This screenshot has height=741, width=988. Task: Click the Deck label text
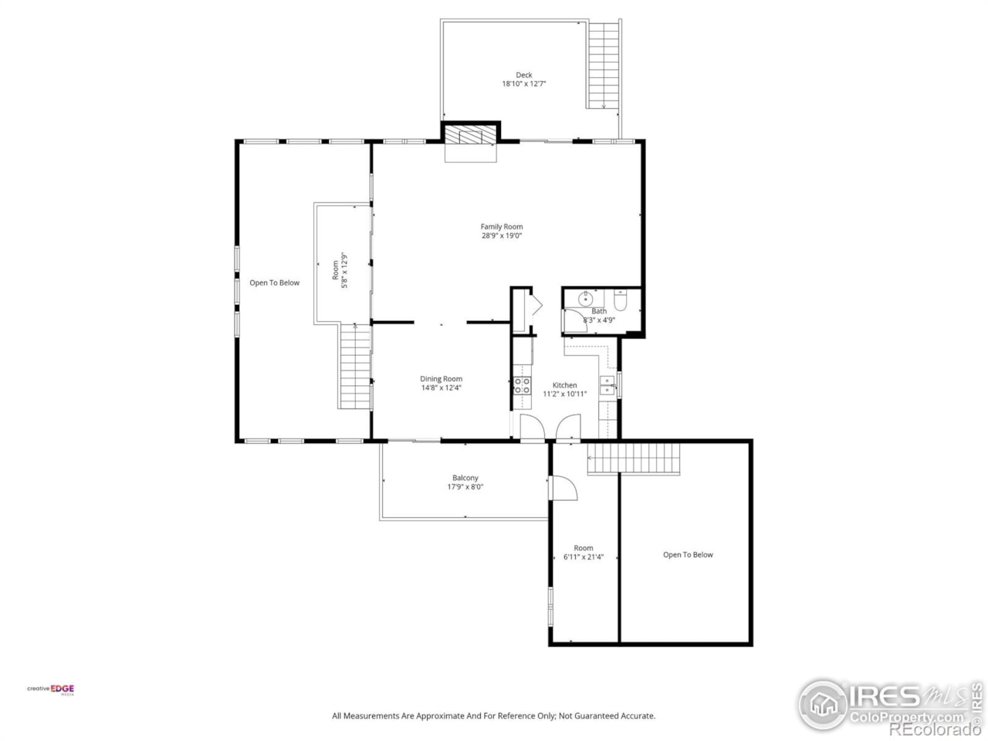pos(524,75)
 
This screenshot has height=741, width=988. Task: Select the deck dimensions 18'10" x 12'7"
pos(524,84)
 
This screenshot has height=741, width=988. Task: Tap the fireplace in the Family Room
pos(469,136)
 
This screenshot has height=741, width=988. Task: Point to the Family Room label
pos(502,227)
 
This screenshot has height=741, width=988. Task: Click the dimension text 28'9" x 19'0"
pos(502,236)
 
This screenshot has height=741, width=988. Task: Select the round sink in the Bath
pos(587,299)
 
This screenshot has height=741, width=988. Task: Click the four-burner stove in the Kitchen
pos(523,385)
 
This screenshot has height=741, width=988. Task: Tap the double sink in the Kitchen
pos(607,385)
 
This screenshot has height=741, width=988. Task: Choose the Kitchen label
pos(564,385)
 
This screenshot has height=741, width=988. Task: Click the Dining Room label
pos(441,379)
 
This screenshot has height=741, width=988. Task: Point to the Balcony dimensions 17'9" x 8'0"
pos(465,487)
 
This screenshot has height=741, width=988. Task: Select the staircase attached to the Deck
pos(604,66)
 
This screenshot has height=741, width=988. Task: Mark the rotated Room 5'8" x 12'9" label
pos(340,270)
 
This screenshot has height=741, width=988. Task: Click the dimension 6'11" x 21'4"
pos(584,557)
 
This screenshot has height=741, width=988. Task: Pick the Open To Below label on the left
pos(274,283)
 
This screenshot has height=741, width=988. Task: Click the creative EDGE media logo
pos(51,689)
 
